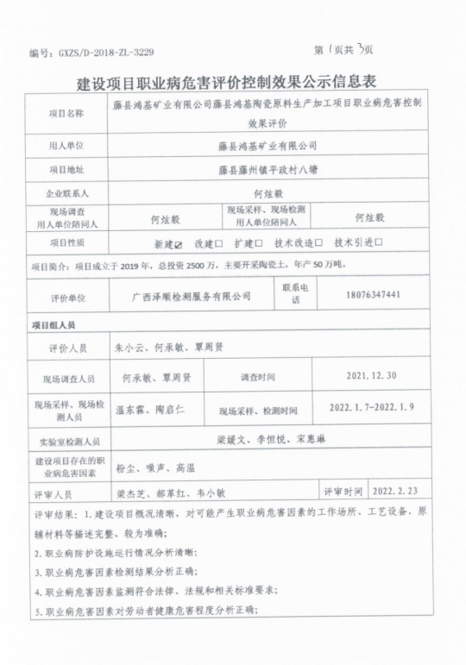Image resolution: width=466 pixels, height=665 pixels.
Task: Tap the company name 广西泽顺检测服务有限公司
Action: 191,296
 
